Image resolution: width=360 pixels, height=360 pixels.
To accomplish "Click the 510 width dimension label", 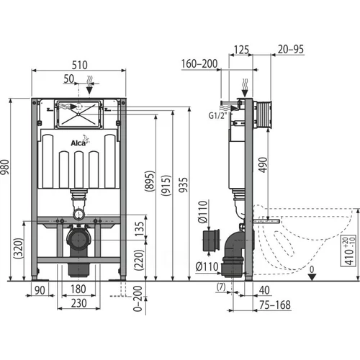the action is [x=80, y=65].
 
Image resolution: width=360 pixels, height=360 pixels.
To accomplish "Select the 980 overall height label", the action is [x=5, y=167].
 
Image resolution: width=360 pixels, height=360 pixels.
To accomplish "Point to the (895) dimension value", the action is [x=150, y=181].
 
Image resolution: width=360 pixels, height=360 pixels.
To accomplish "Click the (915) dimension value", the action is [x=166, y=186].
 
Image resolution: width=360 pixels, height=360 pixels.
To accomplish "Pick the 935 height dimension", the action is [x=184, y=185].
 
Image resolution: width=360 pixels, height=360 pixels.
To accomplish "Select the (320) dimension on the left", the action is [x=19, y=248].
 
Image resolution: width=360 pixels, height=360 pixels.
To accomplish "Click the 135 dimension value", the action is [x=139, y=229].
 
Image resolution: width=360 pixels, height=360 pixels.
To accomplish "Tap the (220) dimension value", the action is [x=139, y=260].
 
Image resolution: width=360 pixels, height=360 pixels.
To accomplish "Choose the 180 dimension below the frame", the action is [x=78, y=289].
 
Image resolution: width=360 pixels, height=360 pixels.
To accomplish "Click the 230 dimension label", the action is [x=78, y=303].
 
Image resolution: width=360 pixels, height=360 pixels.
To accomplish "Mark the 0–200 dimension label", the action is [x=138, y=298].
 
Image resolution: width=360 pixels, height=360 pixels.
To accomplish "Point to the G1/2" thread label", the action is [x=217, y=116].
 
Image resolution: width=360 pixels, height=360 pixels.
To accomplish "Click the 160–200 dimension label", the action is [x=199, y=64].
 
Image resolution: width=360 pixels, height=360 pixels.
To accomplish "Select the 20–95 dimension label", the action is [x=291, y=49].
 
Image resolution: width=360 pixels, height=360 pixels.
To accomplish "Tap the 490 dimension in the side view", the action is [x=263, y=165].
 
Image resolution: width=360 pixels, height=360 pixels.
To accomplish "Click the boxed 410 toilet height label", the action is [x=348, y=251].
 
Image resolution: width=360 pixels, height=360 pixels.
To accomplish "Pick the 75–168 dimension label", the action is [x=275, y=305].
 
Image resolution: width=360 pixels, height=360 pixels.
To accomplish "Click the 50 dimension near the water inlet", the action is [x=69, y=78].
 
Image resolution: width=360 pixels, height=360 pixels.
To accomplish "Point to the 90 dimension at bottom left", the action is [x=40, y=290].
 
